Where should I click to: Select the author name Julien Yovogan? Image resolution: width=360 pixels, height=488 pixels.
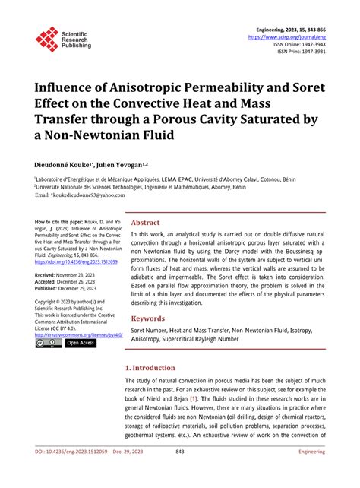point(122,163)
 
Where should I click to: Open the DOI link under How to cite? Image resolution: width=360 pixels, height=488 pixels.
point(76,261)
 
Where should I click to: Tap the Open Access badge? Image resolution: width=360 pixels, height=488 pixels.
point(81,344)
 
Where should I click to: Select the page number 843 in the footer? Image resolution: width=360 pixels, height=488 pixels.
point(180,472)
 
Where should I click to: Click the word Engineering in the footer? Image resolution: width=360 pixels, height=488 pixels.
point(311,472)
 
